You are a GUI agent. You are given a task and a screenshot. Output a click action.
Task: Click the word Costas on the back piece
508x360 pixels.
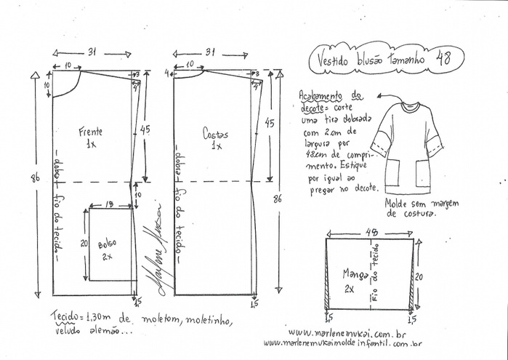click(x=215, y=135)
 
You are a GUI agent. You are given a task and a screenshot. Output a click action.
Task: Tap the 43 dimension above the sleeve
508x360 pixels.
click(x=371, y=232)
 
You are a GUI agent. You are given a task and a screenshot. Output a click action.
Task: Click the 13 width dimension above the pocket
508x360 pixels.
click(x=108, y=204)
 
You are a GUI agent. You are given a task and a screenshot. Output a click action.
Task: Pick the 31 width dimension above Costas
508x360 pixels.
click(x=210, y=52)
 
